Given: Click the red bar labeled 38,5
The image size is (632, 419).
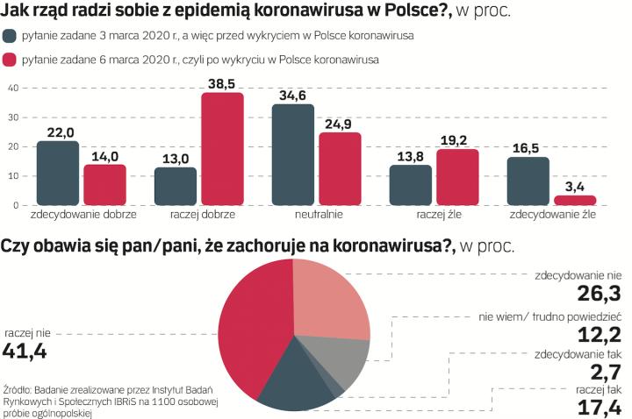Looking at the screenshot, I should tap(222, 149).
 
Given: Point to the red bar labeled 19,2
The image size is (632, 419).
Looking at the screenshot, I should tap(457, 177).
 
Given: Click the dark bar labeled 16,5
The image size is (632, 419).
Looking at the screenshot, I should tap(528, 181).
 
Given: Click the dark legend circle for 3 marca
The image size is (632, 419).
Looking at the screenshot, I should tap(11, 36).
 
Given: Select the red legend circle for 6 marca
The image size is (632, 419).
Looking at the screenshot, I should tap(11, 60).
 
